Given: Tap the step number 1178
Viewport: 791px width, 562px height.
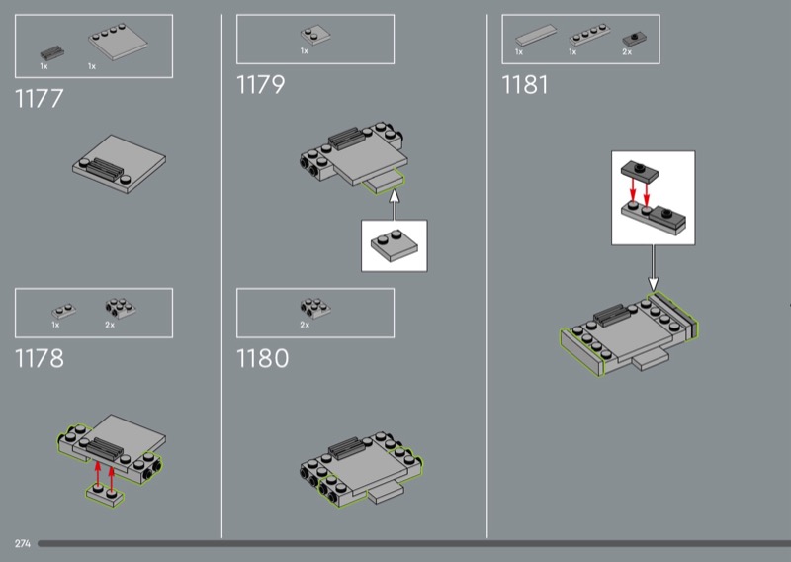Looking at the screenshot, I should click(40, 358).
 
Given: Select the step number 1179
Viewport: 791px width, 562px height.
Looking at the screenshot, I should click(260, 85).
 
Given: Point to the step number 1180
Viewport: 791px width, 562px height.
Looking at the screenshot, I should click(263, 358).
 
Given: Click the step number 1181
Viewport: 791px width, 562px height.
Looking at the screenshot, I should click(524, 85).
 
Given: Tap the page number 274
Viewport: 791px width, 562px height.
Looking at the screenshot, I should click(22, 544).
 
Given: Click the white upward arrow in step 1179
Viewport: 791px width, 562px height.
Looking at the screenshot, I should click(393, 205).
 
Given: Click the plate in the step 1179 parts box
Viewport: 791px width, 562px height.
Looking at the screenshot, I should click(313, 35).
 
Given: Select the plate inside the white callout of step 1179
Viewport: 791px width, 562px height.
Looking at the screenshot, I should click(394, 245).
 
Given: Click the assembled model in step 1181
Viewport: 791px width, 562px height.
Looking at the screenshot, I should click(629, 336).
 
